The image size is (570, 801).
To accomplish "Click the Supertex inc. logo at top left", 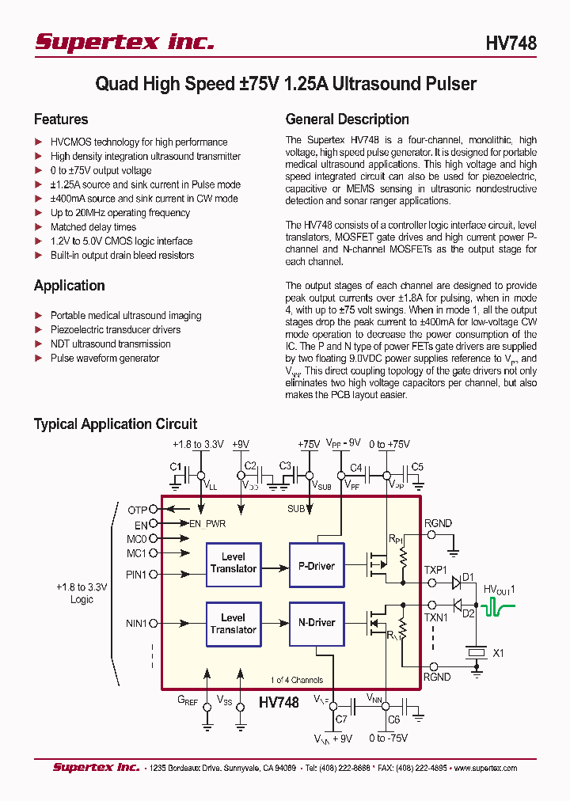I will click(124, 42).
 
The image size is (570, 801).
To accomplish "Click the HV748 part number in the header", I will click(511, 44).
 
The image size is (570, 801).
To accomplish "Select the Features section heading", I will click(61, 120).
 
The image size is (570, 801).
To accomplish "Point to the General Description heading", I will click(347, 120).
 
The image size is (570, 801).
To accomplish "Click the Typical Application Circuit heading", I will click(116, 424).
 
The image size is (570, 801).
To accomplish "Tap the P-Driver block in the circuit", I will click(316, 566).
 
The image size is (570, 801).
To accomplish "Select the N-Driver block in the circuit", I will click(316, 623).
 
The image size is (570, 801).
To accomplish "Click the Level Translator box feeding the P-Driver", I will click(233, 563).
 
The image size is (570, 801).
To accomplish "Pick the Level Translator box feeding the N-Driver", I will click(233, 624).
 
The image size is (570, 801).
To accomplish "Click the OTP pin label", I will click(137, 511).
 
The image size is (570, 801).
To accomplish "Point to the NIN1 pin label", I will click(136, 624).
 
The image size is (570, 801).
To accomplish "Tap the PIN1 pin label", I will click(136, 575).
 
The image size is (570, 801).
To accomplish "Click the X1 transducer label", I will click(499, 654).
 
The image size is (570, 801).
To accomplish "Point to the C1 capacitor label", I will click(176, 466).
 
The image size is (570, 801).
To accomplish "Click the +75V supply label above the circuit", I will click(309, 445).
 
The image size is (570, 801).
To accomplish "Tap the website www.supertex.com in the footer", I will click(485, 768).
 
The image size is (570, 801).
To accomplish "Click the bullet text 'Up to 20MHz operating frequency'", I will click(120, 213).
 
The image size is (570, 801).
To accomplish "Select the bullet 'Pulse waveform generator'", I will click(104, 359).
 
